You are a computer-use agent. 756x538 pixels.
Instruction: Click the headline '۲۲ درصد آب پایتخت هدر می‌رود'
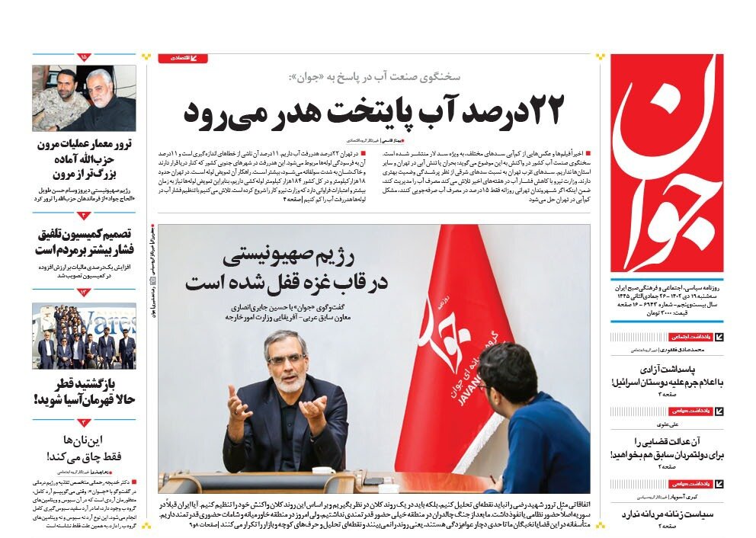pos(373,111)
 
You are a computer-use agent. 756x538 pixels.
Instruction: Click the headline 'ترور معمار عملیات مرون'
pos(85,146)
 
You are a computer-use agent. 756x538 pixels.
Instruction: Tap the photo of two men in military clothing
pos(84,98)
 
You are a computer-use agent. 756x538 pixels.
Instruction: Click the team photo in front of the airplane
pos(84,336)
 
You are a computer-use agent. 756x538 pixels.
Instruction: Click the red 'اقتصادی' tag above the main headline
pos(183,58)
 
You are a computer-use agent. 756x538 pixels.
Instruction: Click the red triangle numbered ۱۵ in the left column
pos(84,57)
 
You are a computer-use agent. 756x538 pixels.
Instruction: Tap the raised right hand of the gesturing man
pos(238,402)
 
